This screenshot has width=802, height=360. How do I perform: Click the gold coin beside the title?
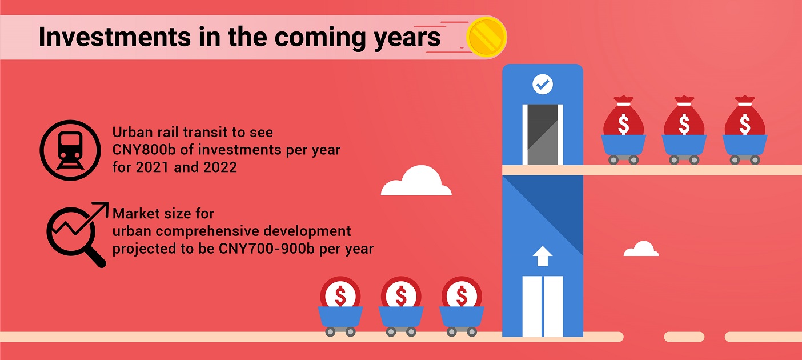point(487,37)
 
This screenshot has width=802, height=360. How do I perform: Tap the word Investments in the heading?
point(115,37)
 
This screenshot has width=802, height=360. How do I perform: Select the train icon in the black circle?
point(70,150)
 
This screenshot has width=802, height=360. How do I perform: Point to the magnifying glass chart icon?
point(77,235)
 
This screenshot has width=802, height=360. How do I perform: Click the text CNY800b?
point(144,150)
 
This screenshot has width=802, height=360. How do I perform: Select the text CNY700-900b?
point(266,249)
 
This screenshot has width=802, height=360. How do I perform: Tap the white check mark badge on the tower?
point(543,84)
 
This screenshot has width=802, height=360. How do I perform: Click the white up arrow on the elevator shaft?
point(543,256)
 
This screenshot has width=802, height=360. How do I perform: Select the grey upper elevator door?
point(543,135)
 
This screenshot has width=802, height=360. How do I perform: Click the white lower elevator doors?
point(543,306)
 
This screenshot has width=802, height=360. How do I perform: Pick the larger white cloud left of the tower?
point(416,181)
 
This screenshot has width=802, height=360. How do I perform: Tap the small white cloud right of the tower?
point(641,249)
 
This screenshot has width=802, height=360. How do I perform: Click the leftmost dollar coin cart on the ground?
point(340,306)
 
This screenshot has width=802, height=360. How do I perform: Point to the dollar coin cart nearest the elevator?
point(462,306)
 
